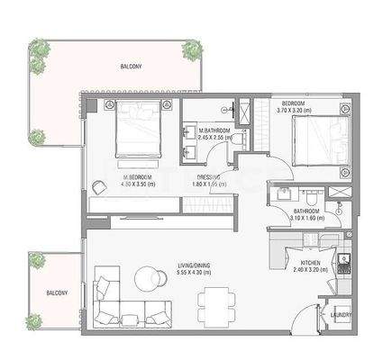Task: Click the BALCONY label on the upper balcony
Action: [132, 67]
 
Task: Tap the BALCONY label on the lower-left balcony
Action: [58, 292]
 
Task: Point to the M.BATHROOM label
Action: [214, 131]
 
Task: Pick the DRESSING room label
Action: [210, 176]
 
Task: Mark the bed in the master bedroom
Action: [137, 130]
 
